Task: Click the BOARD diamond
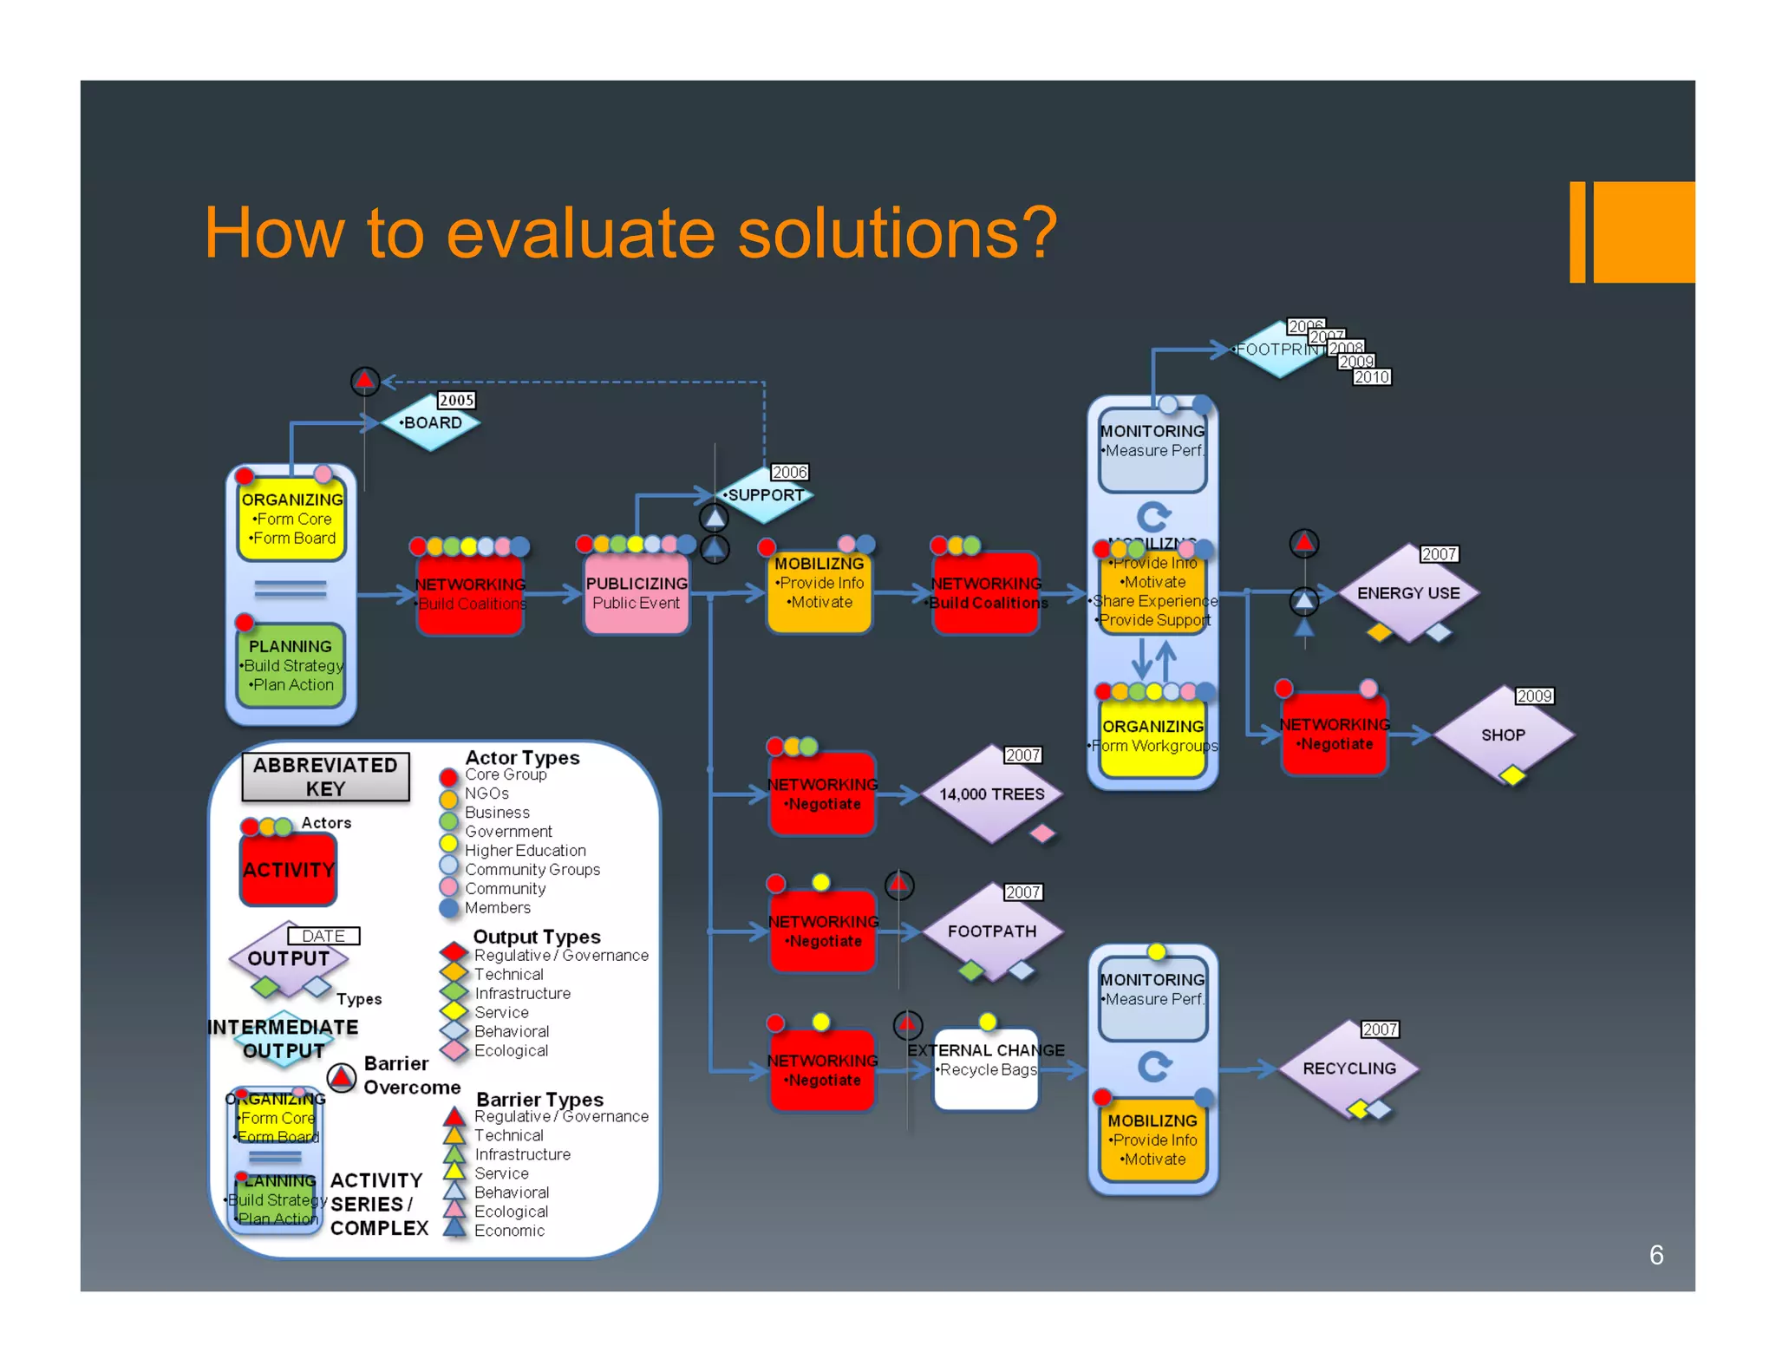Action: pos(431,423)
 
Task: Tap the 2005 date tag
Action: pos(456,400)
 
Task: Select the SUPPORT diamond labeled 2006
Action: pos(764,495)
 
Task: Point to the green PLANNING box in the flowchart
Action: pos(291,665)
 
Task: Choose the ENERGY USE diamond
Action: pos(1407,593)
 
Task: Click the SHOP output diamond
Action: pos(1502,735)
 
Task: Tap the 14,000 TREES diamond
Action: pos(991,794)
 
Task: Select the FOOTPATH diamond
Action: pos(991,931)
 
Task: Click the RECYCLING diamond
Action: pos(1348,1068)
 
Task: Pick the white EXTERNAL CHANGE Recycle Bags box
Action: pos(986,1068)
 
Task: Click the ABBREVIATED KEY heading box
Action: pos(325,776)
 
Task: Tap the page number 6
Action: pos(1655,1255)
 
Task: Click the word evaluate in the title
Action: pos(580,234)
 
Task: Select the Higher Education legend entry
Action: pos(525,850)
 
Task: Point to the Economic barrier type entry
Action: pos(509,1230)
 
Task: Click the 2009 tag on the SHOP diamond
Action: pos(1534,696)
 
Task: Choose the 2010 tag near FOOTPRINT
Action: pos(1371,377)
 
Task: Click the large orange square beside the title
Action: pos(1643,232)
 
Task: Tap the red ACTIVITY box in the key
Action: pos(288,869)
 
